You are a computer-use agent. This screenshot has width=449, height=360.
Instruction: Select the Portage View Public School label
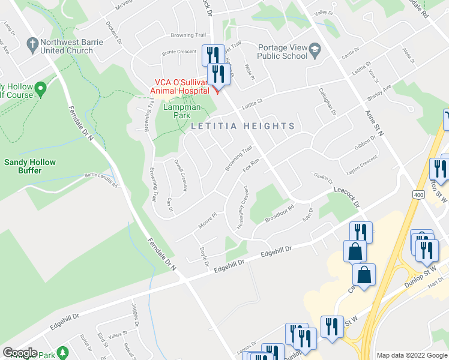pyautogui.click(x=282, y=52)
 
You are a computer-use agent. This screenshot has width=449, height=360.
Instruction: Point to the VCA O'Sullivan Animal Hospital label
pyautogui.click(x=180, y=86)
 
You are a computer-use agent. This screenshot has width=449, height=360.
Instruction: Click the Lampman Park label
pyautogui.click(x=176, y=111)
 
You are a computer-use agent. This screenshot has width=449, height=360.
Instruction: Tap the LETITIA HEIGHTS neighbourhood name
pyautogui.click(x=243, y=126)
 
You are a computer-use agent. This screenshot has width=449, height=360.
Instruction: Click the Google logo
pyautogui.click(x=20, y=353)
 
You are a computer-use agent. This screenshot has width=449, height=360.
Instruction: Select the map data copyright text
pyautogui.click(x=412, y=355)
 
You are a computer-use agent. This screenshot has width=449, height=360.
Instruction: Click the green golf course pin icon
pyautogui.click(x=41, y=91)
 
